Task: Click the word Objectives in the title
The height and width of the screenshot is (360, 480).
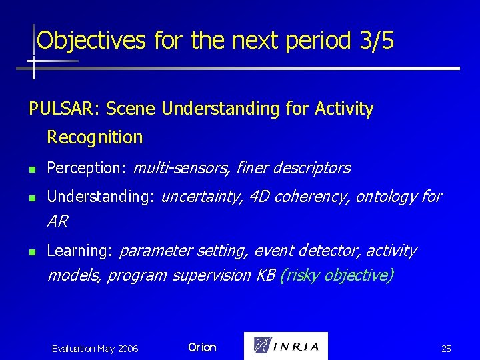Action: point(91,41)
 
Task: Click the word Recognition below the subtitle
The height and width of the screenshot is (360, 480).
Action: point(95,138)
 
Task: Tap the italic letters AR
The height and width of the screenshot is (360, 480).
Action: point(57,221)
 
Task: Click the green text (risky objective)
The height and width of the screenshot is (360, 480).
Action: point(337,275)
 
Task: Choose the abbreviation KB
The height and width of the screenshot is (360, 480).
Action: point(265,275)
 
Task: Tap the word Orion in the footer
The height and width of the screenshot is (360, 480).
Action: point(202,347)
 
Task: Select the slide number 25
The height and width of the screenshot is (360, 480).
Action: point(446,349)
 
